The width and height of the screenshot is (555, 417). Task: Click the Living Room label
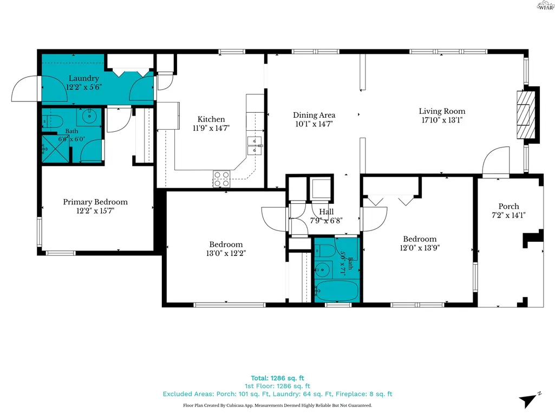tap(442, 111)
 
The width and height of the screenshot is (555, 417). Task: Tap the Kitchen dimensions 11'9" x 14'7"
tap(211, 128)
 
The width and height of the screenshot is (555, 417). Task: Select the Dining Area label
tap(314, 115)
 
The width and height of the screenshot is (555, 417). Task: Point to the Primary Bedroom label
tap(95, 202)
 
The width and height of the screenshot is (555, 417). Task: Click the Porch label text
tap(508, 207)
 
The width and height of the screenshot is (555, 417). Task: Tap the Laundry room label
tap(83, 79)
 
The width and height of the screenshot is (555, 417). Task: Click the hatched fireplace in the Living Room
tap(526, 115)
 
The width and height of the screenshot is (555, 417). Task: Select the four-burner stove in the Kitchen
tap(221, 179)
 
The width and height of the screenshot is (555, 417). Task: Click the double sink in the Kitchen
tap(254, 146)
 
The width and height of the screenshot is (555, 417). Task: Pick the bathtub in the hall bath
tap(337, 291)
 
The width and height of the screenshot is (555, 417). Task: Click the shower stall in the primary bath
tap(55, 149)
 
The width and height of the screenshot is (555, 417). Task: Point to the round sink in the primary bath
tap(89, 116)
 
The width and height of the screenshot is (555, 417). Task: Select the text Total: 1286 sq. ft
tap(277, 378)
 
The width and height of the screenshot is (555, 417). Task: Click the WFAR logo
tap(545, 5)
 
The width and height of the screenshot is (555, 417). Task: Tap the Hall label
tap(327, 211)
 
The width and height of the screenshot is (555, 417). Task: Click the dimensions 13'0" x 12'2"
tap(226, 253)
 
